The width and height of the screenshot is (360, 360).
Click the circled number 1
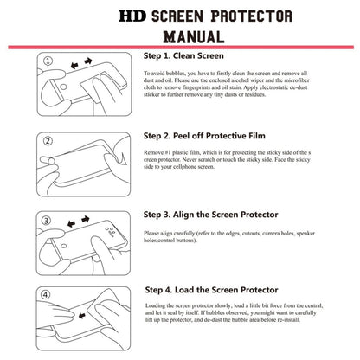49,61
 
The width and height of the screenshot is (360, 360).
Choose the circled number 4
49,294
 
